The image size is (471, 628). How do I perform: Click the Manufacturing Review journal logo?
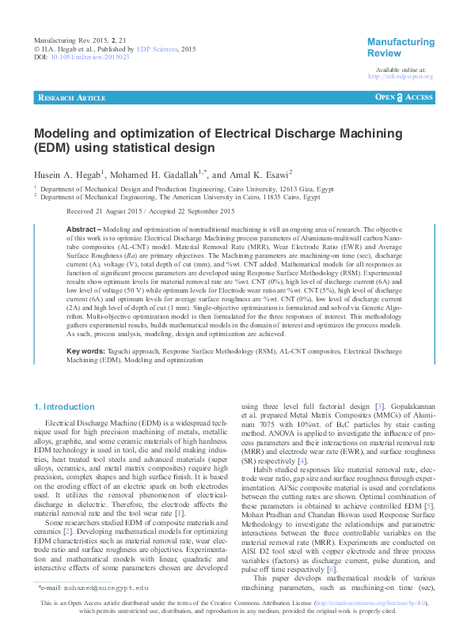[401, 47]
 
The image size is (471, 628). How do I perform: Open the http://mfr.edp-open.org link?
[401, 77]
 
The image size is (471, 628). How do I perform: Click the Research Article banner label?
[72, 97]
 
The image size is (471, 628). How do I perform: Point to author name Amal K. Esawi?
[261, 175]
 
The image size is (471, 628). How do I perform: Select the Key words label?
[85, 372]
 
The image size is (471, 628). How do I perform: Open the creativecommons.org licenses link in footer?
[372, 604]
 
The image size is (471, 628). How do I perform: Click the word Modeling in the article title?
[65, 134]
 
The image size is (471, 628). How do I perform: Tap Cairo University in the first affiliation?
[236, 190]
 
